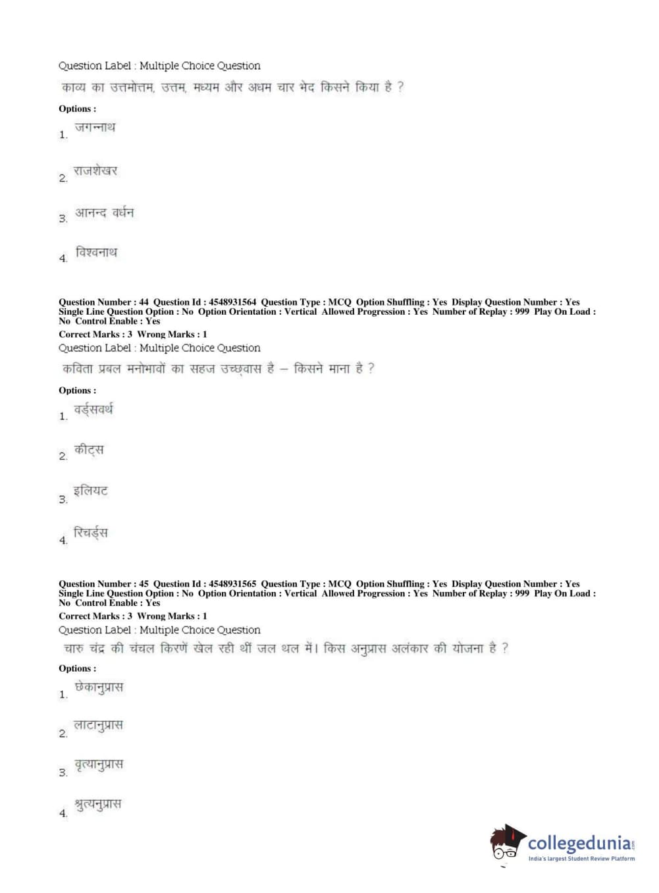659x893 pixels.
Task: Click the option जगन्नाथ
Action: click(x=95, y=128)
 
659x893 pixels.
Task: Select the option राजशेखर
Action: click(x=95, y=171)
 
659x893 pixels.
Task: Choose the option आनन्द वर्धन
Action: click(x=104, y=213)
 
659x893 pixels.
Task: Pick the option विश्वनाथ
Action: click(x=96, y=253)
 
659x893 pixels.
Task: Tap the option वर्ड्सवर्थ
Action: click(x=93, y=410)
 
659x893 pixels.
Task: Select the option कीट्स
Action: click(x=89, y=450)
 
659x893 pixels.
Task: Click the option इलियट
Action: click(x=91, y=491)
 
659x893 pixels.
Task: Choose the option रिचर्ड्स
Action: click(x=91, y=533)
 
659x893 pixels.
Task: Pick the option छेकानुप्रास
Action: click(x=99, y=688)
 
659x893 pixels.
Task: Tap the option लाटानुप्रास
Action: click(x=98, y=726)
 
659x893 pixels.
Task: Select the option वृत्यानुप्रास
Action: click(x=99, y=765)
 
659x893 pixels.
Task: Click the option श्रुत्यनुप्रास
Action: click(x=98, y=805)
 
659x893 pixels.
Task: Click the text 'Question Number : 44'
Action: click(x=103, y=302)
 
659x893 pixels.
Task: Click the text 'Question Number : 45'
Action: click(x=103, y=584)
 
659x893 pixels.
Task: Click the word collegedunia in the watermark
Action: click(x=579, y=844)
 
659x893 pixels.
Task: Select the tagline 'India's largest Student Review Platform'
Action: click(x=581, y=859)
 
